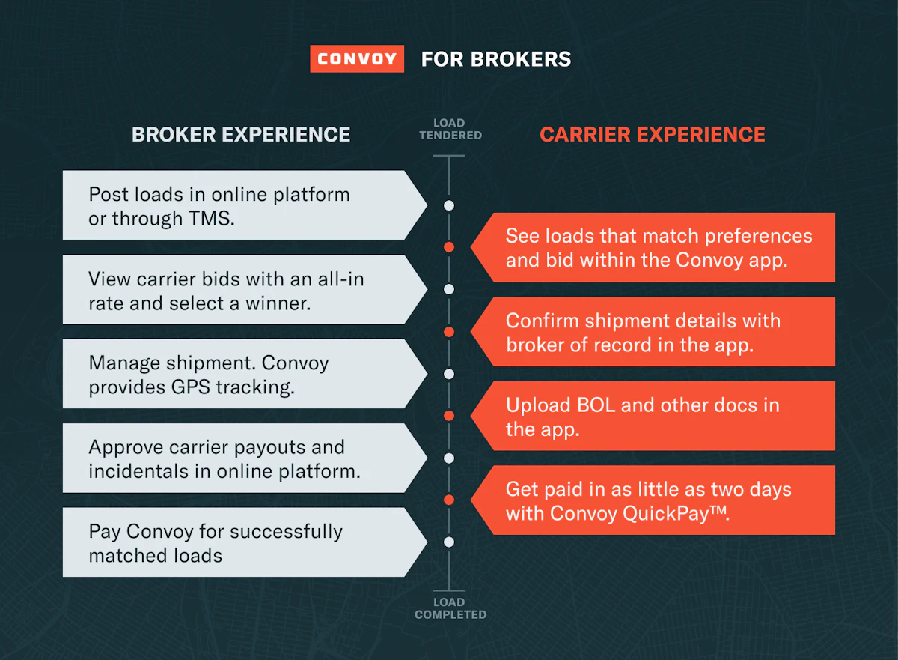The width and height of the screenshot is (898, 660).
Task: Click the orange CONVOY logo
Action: click(357, 59)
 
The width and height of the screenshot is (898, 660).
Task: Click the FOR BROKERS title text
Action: click(496, 59)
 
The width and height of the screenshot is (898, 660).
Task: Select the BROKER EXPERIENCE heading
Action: click(241, 134)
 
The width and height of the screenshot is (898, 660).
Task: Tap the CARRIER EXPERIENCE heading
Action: click(653, 134)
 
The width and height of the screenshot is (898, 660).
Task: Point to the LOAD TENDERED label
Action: click(450, 129)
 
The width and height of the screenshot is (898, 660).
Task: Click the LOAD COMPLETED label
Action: click(450, 608)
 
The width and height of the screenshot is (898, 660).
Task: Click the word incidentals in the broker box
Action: click(138, 471)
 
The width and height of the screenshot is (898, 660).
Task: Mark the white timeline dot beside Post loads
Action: click(449, 205)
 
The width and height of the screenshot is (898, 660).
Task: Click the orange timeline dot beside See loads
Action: click(449, 247)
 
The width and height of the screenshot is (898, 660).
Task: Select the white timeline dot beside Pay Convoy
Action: click(449, 542)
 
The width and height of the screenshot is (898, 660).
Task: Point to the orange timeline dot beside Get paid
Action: click(449, 500)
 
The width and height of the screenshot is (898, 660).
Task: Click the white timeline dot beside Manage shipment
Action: click(449, 374)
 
